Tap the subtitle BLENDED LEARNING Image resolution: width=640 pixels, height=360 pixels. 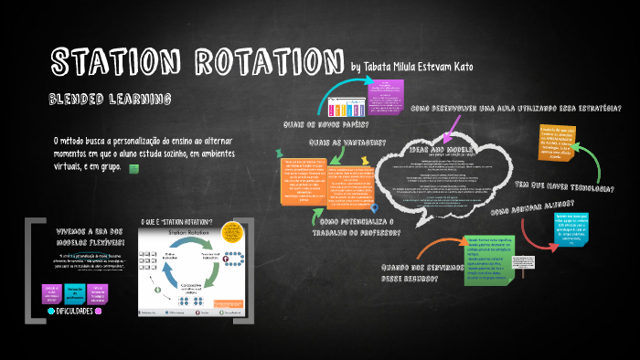[x=111, y=98]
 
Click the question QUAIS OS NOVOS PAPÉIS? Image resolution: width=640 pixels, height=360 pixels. [x=327, y=124]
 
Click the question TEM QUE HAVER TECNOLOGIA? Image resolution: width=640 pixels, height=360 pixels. [x=564, y=187]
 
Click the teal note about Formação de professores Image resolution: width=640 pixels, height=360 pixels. [x=76, y=291]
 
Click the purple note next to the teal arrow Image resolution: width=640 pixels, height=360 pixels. [x=392, y=91]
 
